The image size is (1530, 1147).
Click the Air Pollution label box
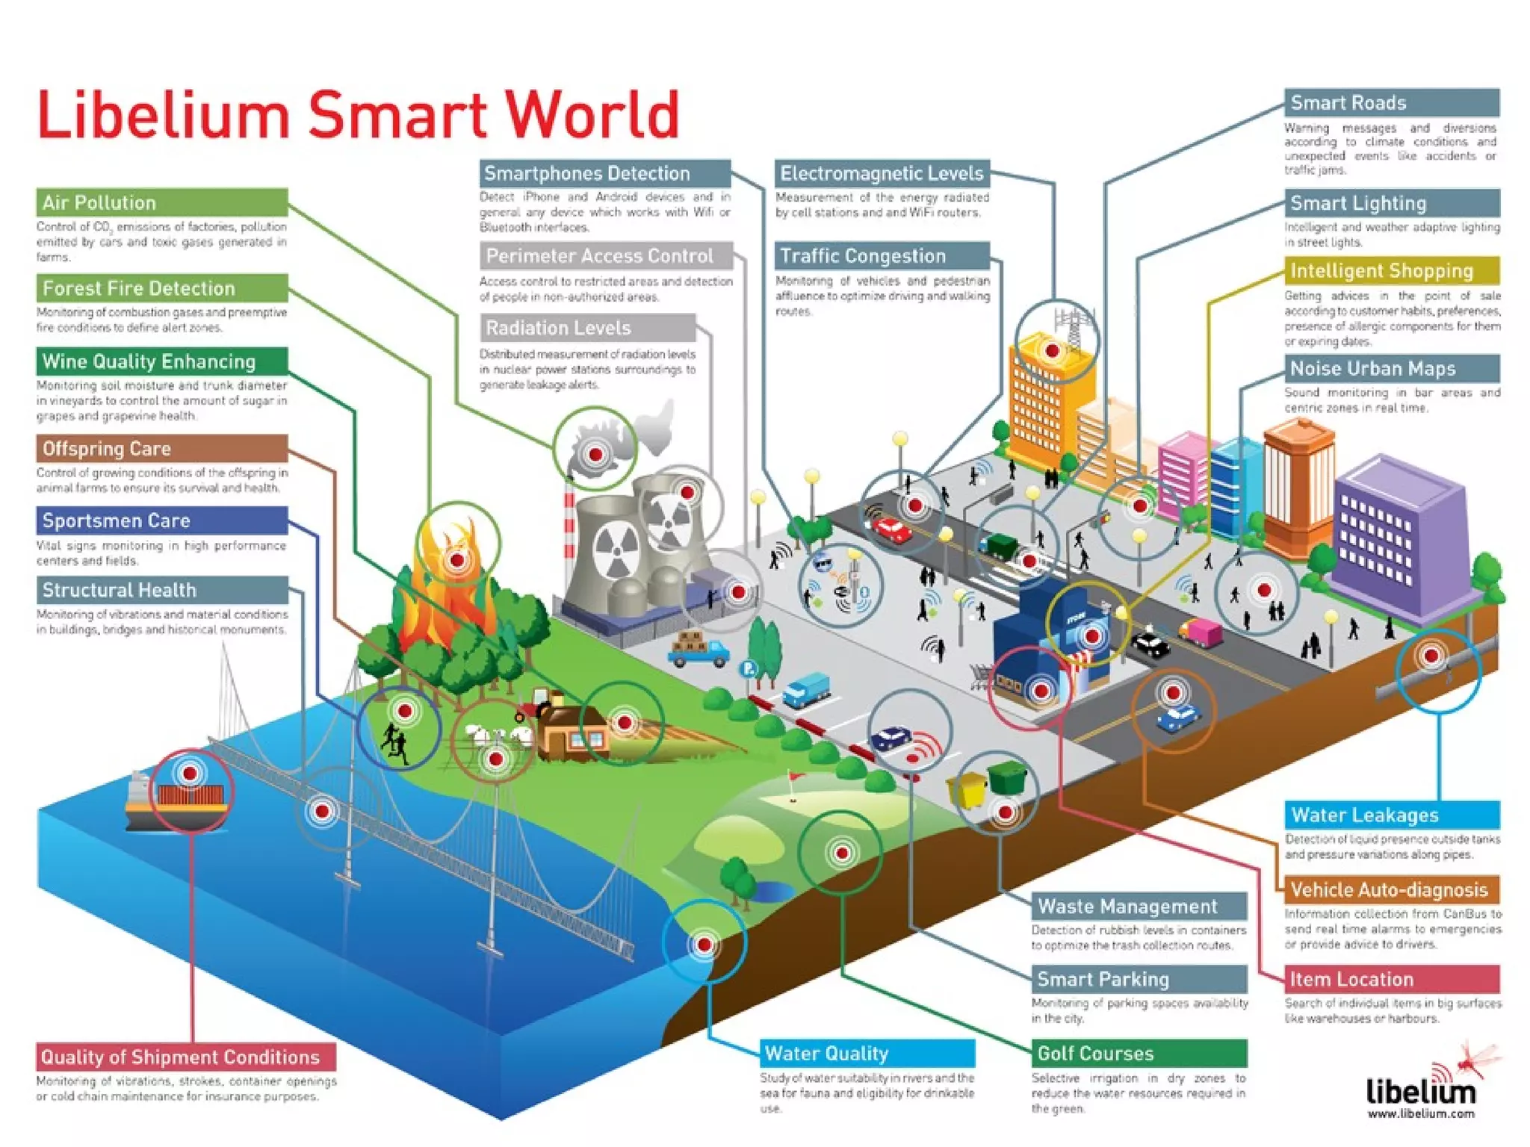(x=161, y=202)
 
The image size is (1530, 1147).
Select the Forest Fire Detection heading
(x=161, y=288)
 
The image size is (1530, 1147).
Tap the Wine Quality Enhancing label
(x=161, y=361)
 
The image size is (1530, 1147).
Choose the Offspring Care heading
(x=161, y=449)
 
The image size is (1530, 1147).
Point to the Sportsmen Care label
(x=161, y=520)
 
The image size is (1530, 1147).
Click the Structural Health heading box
(x=161, y=590)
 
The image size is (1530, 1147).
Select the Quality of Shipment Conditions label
(x=185, y=1057)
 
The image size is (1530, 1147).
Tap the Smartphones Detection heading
(x=604, y=173)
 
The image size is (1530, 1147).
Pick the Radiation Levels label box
(x=587, y=328)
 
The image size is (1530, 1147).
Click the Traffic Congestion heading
(x=882, y=256)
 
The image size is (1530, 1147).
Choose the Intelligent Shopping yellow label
(x=1391, y=270)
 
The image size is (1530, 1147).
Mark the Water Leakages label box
(x=1391, y=815)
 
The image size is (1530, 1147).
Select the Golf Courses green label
(x=1139, y=1053)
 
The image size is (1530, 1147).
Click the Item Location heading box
(x=1391, y=979)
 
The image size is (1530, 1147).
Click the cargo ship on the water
(x=176, y=803)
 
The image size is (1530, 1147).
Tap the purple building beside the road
(x=1397, y=538)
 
